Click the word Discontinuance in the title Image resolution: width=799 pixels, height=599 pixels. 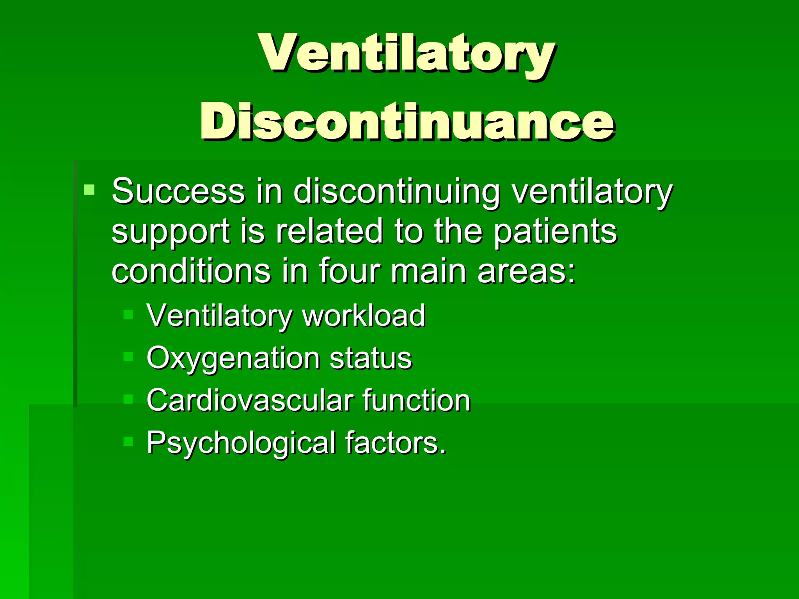coord(407,122)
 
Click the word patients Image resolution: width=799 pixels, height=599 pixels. coord(555,232)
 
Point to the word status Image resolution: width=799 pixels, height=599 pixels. coord(371,358)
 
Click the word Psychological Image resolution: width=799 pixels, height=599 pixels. coord(241,443)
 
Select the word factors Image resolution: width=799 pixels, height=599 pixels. coord(395,443)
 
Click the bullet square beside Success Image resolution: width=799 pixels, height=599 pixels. coord(89,190)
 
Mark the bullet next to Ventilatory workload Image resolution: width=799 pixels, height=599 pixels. coord(128,314)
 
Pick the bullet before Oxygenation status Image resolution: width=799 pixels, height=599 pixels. coord(128,356)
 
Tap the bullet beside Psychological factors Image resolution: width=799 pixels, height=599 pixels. coord(128,441)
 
